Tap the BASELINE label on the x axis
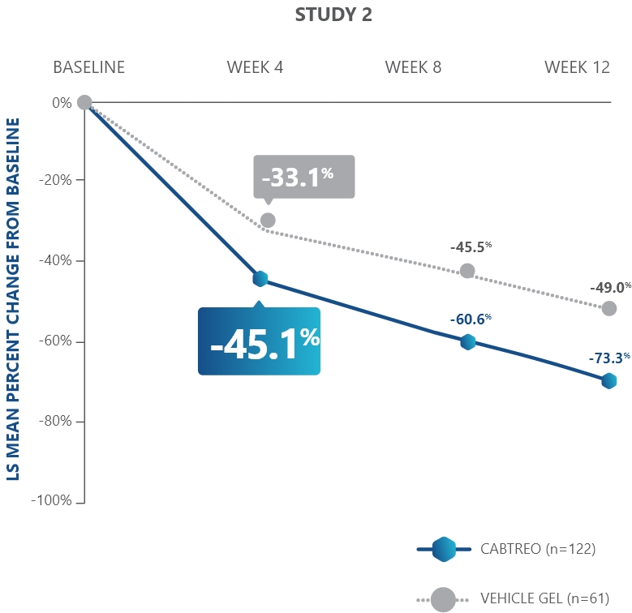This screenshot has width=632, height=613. point(89,67)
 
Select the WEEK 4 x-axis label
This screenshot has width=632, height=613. point(255,67)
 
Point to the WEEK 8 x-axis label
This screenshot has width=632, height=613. point(413,67)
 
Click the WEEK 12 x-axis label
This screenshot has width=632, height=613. point(577,67)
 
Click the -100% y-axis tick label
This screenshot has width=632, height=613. point(52,501)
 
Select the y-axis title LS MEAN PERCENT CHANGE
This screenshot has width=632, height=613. point(13,300)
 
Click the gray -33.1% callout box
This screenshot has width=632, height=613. point(303,177)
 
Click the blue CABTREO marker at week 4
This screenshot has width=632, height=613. point(260,278)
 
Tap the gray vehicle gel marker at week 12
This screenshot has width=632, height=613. point(609,308)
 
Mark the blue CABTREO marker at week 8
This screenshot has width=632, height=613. point(467,341)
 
